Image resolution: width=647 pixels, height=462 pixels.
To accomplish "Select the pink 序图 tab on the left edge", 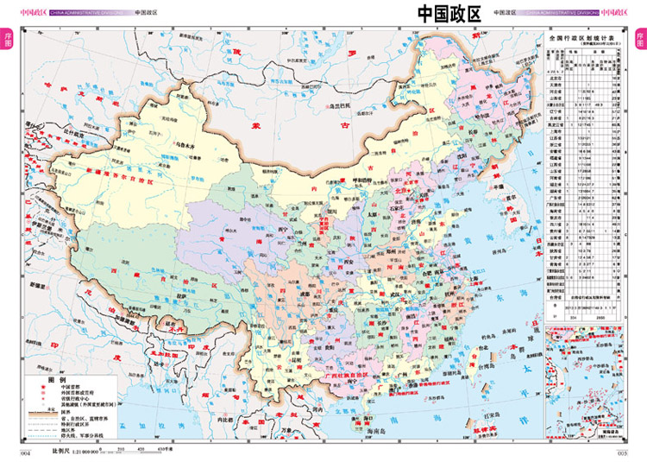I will point(8,40).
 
